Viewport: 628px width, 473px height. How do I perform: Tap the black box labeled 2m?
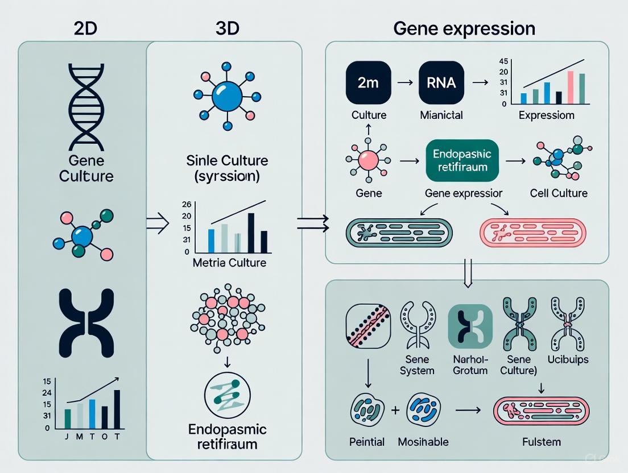(x=369, y=83)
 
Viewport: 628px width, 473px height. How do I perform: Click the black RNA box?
(x=441, y=83)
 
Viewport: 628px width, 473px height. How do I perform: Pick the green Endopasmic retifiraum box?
(x=461, y=161)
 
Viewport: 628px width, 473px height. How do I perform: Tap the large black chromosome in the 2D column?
(x=86, y=322)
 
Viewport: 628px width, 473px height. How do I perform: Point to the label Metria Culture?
(x=229, y=263)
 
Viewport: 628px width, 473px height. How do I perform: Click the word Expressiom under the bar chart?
(x=546, y=115)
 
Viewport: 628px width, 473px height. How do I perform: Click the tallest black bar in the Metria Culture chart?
(x=251, y=233)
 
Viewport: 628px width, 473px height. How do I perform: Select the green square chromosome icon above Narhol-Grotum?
(x=470, y=326)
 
